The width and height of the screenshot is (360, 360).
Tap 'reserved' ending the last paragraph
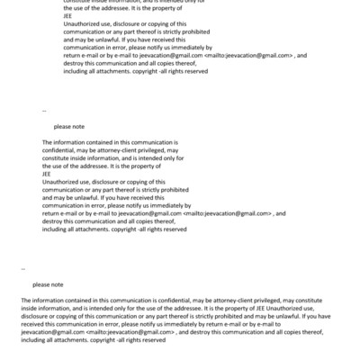pyautogui.click(x=152, y=340)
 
